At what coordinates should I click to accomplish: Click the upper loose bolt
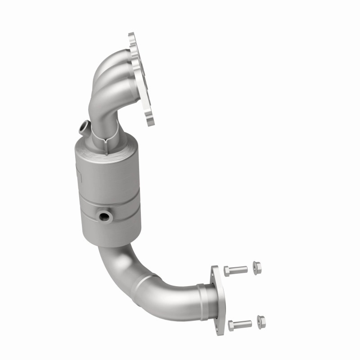click(x=236, y=270)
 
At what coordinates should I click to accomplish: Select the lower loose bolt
click(x=240, y=324)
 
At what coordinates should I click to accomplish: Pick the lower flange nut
click(x=261, y=321)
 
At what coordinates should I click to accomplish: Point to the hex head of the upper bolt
click(x=228, y=270)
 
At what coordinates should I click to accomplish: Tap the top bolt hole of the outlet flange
click(x=215, y=272)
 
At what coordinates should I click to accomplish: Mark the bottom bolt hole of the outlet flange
click(x=220, y=314)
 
